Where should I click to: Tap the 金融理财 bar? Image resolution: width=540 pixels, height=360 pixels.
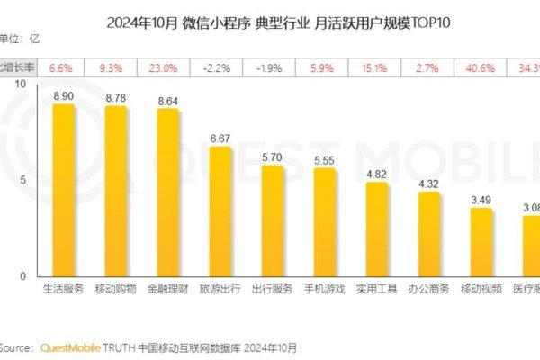point(168,193)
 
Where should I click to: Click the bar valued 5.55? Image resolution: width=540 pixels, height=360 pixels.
point(325,223)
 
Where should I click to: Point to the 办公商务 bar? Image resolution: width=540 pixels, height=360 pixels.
point(429,235)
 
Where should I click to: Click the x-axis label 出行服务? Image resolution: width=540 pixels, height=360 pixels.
point(273,290)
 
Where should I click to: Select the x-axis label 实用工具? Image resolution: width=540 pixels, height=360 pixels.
point(377,290)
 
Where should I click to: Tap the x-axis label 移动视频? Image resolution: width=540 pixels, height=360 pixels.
point(481,290)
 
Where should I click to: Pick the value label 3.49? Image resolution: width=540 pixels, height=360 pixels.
point(481,197)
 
